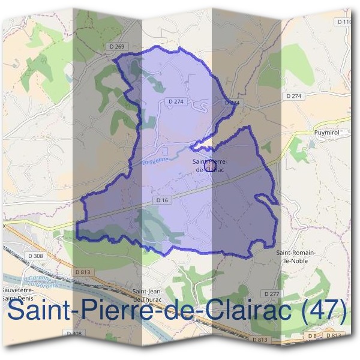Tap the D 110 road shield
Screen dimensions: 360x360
pyautogui.click(x=344, y=22)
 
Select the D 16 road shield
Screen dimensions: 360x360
pyautogui.click(x=161, y=200)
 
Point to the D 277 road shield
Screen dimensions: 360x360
pyautogui.click(x=272, y=293)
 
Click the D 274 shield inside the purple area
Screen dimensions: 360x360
pyautogui.click(x=176, y=102)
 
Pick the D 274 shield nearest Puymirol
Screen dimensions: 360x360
pyautogui.click(x=293, y=96)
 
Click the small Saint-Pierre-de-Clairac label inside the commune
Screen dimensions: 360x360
pyautogui.click(x=209, y=165)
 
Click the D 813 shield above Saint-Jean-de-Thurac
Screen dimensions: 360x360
pyautogui.click(x=83, y=272)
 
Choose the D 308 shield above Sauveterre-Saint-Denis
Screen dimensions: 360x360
pyautogui.click(x=35, y=256)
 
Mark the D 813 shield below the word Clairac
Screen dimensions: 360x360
pyautogui.click(x=260, y=340)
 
